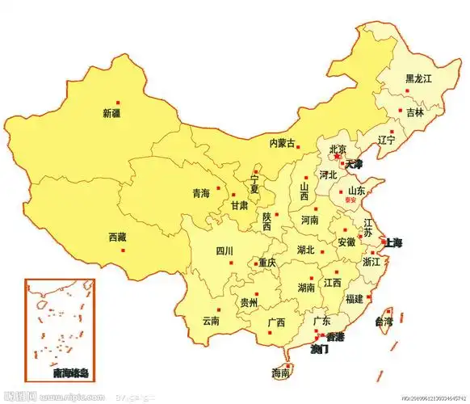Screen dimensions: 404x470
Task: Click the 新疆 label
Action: [111, 113]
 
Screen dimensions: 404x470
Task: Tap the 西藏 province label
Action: [117, 238]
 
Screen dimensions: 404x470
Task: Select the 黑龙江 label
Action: [419, 78]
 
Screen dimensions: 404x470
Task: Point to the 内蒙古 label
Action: [283, 143]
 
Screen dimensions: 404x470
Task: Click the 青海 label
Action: [201, 193]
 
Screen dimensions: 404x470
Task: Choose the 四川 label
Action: [224, 251]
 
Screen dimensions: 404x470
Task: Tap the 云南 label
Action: [211, 320]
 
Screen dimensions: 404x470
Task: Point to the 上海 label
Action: [392, 242]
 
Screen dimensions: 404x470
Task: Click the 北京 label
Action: [338, 149]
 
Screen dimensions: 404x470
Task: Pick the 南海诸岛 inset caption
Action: [61, 373]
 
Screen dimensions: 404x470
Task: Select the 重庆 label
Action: [266, 263]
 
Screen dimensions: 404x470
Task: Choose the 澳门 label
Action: [321, 349]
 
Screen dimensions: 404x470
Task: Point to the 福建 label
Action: [354, 298]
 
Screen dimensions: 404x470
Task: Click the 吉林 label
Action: [415, 112]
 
